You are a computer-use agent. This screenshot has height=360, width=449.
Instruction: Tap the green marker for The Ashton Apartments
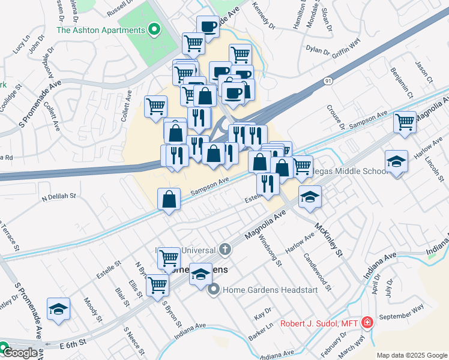pyautogui.click(x=154, y=29)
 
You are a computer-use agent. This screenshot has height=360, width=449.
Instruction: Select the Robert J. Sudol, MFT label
pyautogui.click(x=319, y=324)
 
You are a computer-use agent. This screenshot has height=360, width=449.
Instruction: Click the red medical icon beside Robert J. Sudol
pyautogui.click(x=367, y=323)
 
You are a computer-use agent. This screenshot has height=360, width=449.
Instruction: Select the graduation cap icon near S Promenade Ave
pyautogui.click(x=59, y=309)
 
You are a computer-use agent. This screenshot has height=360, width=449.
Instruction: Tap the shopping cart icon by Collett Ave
pyautogui.click(x=156, y=106)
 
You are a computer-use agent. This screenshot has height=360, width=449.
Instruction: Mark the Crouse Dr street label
pyautogui.click(x=334, y=116)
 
